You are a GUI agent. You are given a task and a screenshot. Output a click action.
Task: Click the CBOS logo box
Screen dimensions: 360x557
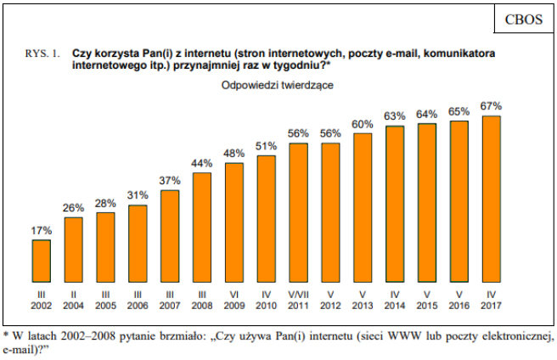[x=517, y=19]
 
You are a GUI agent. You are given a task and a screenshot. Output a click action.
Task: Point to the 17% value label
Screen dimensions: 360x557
[x=41, y=230]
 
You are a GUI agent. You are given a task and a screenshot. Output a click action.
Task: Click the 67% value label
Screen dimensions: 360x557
[x=491, y=106]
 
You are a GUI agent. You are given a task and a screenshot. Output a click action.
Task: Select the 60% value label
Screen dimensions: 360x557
[x=363, y=124]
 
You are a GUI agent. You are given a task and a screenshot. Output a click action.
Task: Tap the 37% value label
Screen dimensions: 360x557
[x=170, y=181]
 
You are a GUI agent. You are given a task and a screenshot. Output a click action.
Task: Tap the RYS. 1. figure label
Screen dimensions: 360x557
[x=42, y=53]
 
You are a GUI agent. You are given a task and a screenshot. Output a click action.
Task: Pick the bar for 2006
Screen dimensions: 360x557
[x=138, y=248]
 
